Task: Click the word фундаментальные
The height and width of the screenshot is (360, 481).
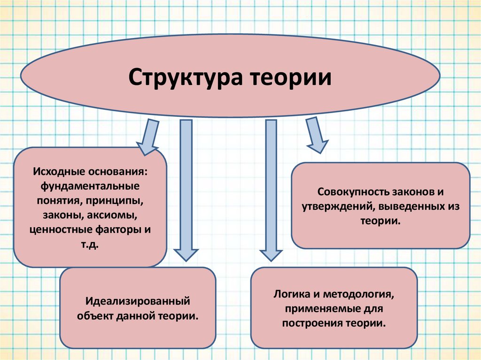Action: click(x=90, y=186)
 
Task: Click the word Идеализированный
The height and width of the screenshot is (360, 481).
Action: click(x=137, y=299)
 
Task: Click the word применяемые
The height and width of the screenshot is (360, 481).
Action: click(x=313, y=309)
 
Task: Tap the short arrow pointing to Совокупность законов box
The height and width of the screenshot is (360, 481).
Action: click(x=316, y=135)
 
